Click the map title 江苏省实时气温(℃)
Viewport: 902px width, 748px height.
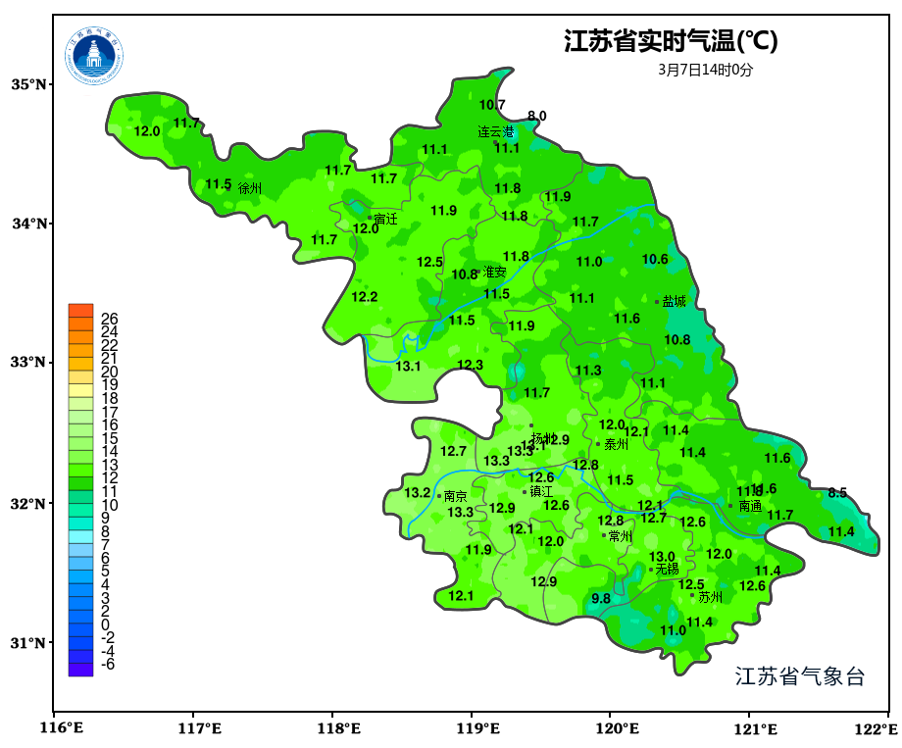(x=671, y=42)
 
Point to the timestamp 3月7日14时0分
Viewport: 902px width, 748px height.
(x=706, y=70)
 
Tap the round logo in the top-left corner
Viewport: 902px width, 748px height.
(x=95, y=56)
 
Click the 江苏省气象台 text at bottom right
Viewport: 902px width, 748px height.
(x=800, y=676)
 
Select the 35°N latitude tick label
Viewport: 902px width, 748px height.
(x=29, y=84)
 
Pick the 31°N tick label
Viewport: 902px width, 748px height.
(x=29, y=643)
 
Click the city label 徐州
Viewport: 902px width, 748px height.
(x=250, y=187)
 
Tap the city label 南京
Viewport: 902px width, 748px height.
(x=456, y=497)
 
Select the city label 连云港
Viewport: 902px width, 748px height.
(x=496, y=131)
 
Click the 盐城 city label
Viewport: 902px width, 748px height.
(x=675, y=302)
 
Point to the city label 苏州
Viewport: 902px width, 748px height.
(x=710, y=597)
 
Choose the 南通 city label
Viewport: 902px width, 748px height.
(x=750, y=507)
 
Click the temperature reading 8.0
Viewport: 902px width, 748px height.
(x=537, y=116)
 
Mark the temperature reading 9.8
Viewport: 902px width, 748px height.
(x=601, y=598)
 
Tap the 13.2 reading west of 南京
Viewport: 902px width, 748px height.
(x=418, y=492)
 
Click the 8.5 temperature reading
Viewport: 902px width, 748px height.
(x=837, y=493)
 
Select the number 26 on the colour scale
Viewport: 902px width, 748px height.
(x=109, y=319)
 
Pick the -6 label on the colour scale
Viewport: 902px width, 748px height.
(x=108, y=664)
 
